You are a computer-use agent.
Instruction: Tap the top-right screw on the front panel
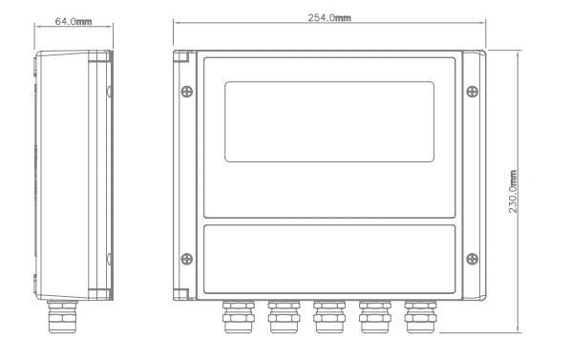(x=472, y=92)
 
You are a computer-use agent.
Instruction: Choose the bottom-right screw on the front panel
(x=472, y=256)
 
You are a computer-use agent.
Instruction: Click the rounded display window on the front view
(x=329, y=121)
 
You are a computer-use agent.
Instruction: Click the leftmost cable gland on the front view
(x=236, y=317)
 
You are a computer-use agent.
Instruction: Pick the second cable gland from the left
(x=282, y=317)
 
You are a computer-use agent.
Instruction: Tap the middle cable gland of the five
(x=327, y=317)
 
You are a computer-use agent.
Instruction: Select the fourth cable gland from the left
(x=373, y=317)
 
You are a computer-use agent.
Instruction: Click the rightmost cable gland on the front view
(x=419, y=317)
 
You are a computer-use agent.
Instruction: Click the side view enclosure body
(x=72, y=172)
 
